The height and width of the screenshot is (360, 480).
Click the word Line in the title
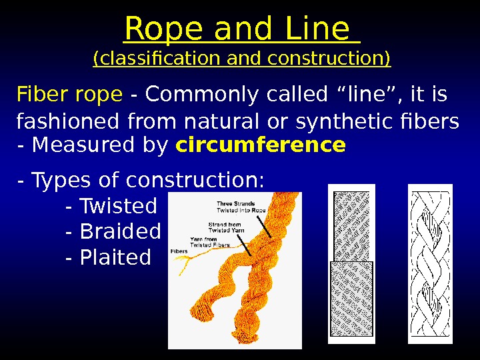(x=316, y=30)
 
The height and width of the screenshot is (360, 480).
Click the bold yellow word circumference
(x=261, y=145)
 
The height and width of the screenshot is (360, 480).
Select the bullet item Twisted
(x=118, y=206)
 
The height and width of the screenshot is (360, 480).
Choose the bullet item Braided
(x=120, y=231)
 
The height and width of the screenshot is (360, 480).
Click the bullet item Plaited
(x=115, y=257)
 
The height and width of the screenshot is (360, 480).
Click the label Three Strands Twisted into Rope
(x=241, y=207)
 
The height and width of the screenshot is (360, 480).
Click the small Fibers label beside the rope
(x=179, y=251)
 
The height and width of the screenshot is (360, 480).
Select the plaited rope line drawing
(x=430, y=264)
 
